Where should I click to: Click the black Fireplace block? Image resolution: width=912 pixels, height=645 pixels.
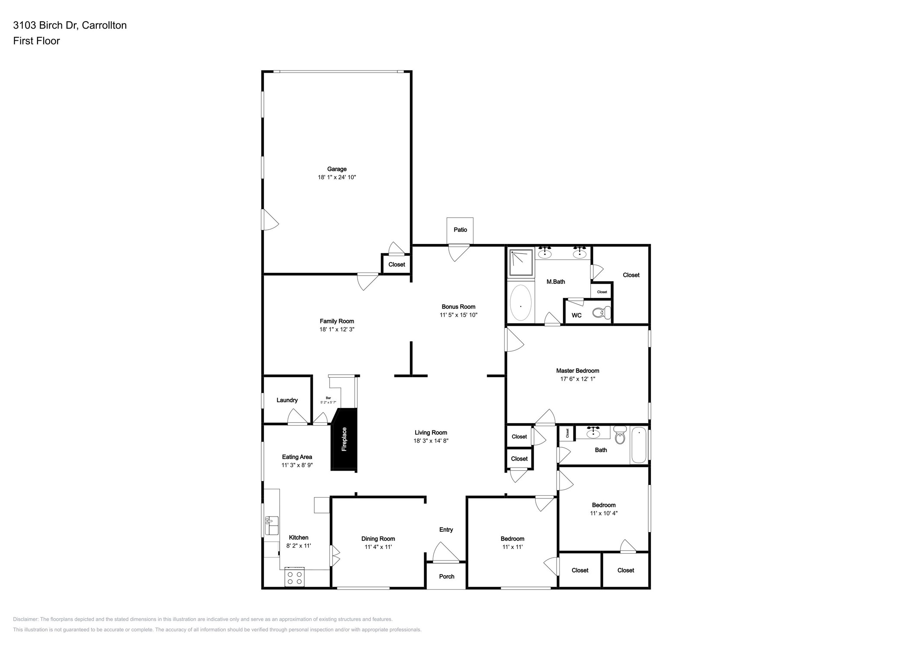pyautogui.click(x=344, y=439)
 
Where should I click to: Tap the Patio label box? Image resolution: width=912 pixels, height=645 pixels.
pyautogui.click(x=460, y=230)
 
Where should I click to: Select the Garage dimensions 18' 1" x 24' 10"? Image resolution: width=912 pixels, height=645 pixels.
pyautogui.click(x=336, y=177)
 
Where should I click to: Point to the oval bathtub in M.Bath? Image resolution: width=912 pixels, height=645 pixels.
pyautogui.click(x=521, y=303)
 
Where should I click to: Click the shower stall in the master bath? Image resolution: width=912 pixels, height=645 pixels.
pyautogui.click(x=521, y=262)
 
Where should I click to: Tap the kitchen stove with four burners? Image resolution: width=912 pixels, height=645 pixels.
pyautogui.click(x=294, y=578)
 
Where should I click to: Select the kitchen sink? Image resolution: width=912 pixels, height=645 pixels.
pyautogui.click(x=271, y=525)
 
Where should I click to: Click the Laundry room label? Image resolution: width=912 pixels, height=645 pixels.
pyautogui.click(x=287, y=400)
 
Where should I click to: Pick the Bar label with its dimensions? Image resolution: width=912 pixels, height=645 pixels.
pyautogui.click(x=328, y=400)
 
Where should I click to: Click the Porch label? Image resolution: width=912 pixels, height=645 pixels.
pyautogui.click(x=446, y=577)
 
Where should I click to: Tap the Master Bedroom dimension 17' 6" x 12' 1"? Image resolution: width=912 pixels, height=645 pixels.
pyautogui.click(x=577, y=379)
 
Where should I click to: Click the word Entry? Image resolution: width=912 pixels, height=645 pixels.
pyautogui.click(x=446, y=529)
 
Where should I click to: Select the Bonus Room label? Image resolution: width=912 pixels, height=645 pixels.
pyautogui.click(x=458, y=307)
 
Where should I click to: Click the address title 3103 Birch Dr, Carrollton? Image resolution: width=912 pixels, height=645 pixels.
pyautogui.click(x=70, y=25)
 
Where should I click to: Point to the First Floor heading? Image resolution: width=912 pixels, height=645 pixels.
pyautogui.click(x=36, y=41)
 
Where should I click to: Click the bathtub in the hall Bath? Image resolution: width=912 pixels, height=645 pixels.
pyautogui.click(x=639, y=445)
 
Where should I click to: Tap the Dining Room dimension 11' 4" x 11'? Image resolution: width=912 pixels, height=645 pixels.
pyautogui.click(x=378, y=547)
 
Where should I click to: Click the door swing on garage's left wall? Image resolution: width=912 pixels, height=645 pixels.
pyautogui.click(x=269, y=220)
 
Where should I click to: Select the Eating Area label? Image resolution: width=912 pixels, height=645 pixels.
pyautogui.click(x=297, y=457)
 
